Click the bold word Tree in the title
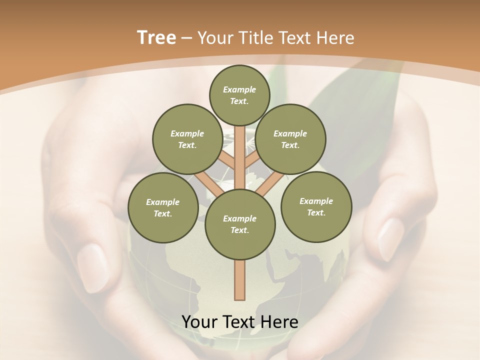[156, 37]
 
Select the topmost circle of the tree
[239, 95]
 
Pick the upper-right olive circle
[290, 139]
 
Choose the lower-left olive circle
[162, 207]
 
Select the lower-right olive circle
[316, 206]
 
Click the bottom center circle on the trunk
[240, 224]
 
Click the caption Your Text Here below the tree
[240, 322]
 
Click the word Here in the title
[336, 37]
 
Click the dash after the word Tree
[186, 38]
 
